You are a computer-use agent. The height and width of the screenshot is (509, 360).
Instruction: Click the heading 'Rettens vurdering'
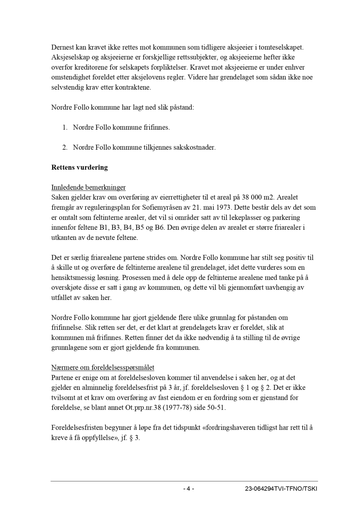pyautogui.click(x=79, y=167)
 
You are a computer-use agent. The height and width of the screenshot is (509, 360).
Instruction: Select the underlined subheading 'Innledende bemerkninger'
pyautogui.click(x=89, y=187)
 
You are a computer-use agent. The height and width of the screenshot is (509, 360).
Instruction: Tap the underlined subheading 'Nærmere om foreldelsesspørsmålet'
pyautogui.click(x=103, y=367)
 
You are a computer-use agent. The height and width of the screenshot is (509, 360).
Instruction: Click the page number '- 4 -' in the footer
pyautogui.click(x=188, y=489)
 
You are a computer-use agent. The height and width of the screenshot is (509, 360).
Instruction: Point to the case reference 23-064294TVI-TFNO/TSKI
pyautogui.click(x=281, y=489)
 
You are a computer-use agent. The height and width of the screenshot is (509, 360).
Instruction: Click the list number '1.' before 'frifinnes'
pyautogui.click(x=65, y=128)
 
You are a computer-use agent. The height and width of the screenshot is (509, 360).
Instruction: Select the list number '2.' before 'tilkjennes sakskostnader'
pyautogui.click(x=65, y=148)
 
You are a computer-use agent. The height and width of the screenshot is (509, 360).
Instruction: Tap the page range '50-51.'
pyautogui.click(x=216, y=408)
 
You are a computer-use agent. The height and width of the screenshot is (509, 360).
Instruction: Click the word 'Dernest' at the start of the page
pyautogui.click(x=62, y=47)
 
